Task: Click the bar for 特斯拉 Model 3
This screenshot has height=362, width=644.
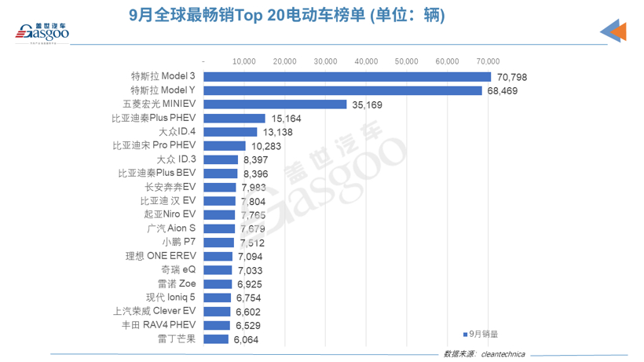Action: (347, 77)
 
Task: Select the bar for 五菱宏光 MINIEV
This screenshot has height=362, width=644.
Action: (275, 104)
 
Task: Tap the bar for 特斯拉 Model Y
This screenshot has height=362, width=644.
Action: (342, 90)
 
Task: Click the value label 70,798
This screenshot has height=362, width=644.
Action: (513, 77)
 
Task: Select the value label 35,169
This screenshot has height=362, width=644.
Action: (366, 104)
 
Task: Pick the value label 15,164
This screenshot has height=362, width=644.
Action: (285, 119)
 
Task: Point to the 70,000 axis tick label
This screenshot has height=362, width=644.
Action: (488, 60)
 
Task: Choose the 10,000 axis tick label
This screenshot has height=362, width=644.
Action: (244, 60)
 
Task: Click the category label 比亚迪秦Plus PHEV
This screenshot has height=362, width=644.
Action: (154, 119)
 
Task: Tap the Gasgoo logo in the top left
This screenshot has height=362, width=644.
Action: (44, 31)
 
